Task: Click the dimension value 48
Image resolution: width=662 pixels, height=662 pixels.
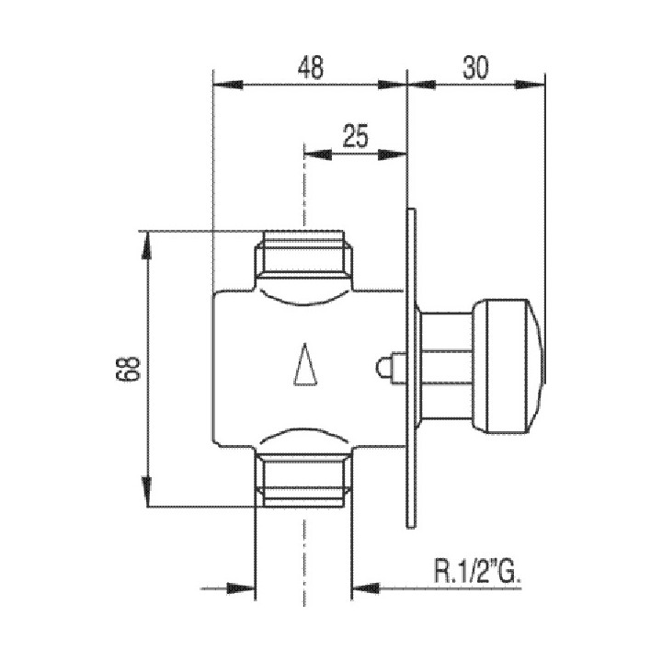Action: (x=310, y=68)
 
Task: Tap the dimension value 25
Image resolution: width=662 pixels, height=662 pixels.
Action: (x=355, y=137)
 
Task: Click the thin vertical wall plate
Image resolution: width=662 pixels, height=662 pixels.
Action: (x=410, y=368)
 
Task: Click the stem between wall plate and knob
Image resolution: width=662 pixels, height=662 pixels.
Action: (x=446, y=367)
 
